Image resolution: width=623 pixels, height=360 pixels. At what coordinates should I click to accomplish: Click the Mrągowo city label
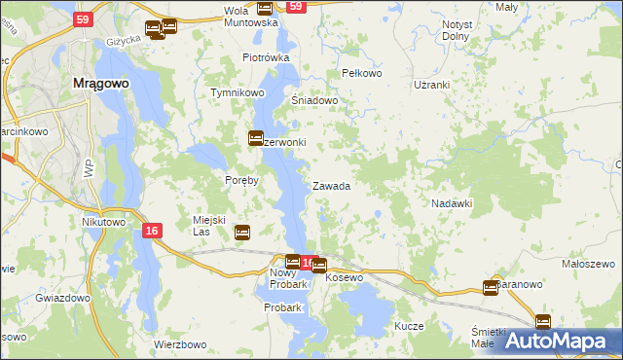[101, 84]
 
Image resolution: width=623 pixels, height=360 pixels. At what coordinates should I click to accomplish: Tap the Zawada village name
[331, 186]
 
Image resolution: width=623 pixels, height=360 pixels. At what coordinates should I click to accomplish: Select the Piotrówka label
[266, 57]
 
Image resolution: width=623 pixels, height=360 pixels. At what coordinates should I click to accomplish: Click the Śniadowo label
[314, 100]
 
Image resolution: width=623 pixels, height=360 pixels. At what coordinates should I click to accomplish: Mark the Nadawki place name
[452, 203]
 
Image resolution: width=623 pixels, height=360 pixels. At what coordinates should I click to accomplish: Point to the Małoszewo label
[587, 264]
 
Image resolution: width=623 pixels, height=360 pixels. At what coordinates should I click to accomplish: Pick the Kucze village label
[410, 326]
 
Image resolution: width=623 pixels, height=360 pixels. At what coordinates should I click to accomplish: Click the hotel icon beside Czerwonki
[256, 139]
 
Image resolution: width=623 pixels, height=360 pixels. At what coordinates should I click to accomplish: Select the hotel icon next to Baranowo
[491, 287]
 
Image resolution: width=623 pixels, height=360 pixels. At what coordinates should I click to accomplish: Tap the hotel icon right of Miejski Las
[242, 232]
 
